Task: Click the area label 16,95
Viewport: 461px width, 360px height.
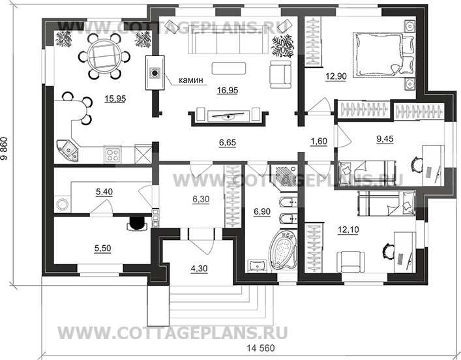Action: (x=228, y=91)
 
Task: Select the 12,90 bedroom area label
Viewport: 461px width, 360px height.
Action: (x=336, y=76)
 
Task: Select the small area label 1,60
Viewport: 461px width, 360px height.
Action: (x=319, y=142)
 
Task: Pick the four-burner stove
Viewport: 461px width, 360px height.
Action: (x=112, y=155)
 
